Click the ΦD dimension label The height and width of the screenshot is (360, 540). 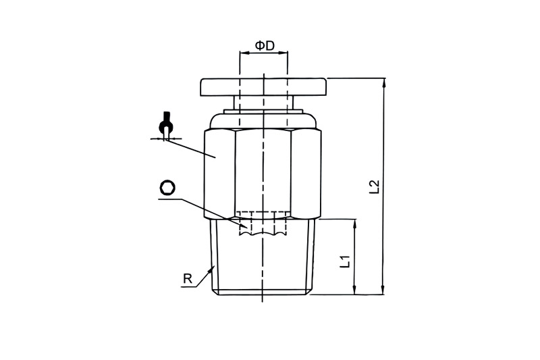click(x=265, y=45)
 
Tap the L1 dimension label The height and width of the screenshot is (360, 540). click(x=345, y=261)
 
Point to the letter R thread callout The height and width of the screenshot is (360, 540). click(x=188, y=278)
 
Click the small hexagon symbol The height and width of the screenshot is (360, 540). click(x=167, y=188)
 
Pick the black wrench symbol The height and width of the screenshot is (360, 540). click(x=166, y=126)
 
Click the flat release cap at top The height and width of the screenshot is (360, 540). click(x=263, y=87)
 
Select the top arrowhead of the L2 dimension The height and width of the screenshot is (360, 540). click(x=383, y=83)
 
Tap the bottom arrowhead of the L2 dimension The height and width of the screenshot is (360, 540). click(x=383, y=290)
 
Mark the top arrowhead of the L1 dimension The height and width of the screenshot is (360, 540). click(x=355, y=224)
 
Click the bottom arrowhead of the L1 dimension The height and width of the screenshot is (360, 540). click(x=355, y=290)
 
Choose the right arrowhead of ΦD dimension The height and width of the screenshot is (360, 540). click(x=283, y=53)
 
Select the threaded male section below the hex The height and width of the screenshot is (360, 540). click(x=263, y=257)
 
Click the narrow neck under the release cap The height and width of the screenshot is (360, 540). click(x=263, y=103)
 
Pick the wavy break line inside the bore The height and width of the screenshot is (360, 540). click(x=263, y=234)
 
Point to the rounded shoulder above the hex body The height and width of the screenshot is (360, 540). click(x=263, y=122)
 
